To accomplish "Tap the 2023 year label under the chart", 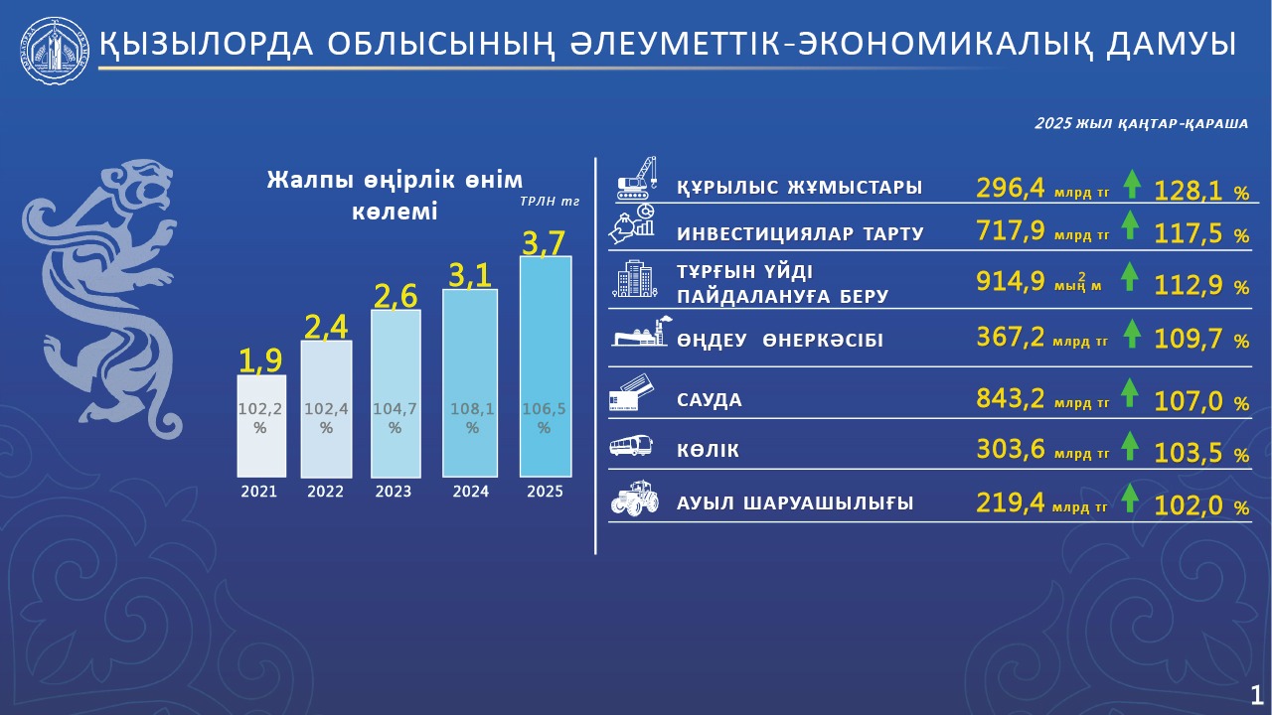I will [x=395, y=492].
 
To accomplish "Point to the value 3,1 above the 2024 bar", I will [x=470, y=273].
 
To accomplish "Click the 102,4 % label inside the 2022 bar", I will [x=326, y=418].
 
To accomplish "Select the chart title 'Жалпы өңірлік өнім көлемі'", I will [x=395, y=196].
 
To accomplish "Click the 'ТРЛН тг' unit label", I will [x=550, y=202].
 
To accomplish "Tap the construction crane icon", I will [x=638, y=176].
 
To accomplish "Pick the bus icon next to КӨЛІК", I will [x=631, y=447].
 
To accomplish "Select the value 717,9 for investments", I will [x=1010, y=232].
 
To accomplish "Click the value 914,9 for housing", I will [x=1010, y=281].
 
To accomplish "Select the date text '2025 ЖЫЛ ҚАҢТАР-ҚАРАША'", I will [x=1140, y=123].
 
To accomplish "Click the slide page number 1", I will [x=1257, y=692].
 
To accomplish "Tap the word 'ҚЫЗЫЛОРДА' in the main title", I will [x=199, y=45].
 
